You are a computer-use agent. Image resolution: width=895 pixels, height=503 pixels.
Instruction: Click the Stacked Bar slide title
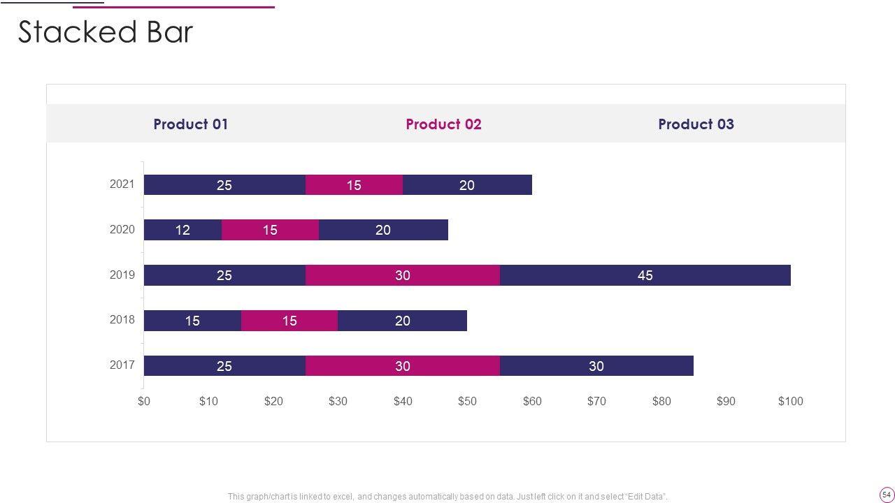click(x=105, y=32)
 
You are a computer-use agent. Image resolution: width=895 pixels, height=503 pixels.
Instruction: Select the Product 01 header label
click(x=191, y=124)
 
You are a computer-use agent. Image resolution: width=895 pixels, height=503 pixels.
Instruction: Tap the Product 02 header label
click(x=443, y=124)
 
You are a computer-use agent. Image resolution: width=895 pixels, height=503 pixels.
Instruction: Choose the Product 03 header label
click(x=696, y=124)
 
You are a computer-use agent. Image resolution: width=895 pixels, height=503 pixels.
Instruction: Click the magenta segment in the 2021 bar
click(x=354, y=185)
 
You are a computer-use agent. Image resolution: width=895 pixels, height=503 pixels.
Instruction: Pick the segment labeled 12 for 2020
click(x=182, y=230)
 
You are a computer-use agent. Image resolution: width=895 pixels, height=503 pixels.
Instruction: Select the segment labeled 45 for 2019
click(x=645, y=275)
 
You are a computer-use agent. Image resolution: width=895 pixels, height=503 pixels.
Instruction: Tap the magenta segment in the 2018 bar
click(x=289, y=321)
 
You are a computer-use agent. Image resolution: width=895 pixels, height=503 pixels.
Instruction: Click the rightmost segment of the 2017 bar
click(x=596, y=366)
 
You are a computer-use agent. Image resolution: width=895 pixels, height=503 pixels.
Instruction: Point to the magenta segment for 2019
click(x=402, y=275)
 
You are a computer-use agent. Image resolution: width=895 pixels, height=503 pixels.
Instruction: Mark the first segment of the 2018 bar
click(x=192, y=321)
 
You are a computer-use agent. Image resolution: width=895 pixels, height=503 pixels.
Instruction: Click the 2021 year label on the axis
click(x=122, y=184)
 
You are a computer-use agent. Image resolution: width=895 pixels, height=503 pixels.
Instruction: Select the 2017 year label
click(x=122, y=365)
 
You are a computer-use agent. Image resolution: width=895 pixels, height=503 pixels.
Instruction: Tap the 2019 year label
click(x=122, y=275)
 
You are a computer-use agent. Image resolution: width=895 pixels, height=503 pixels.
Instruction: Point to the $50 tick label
click(x=467, y=401)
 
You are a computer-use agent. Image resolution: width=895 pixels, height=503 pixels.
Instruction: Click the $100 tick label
click(x=791, y=401)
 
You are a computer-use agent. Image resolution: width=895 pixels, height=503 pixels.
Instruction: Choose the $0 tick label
click(x=144, y=401)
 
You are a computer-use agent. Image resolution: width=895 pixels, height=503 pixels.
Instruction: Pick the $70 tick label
click(x=596, y=401)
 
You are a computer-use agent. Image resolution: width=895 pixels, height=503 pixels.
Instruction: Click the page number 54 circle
click(x=887, y=494)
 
